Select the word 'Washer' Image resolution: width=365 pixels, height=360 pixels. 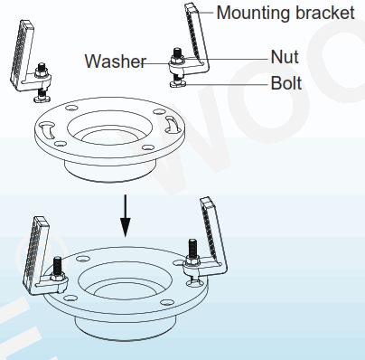point(116,62)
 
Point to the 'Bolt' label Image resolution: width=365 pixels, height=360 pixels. point(285,84)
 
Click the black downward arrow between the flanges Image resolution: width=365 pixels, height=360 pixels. point(126,213)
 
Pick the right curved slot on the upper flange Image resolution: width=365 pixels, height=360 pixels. point(171,118)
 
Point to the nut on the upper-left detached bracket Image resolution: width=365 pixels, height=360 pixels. point(42,72)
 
